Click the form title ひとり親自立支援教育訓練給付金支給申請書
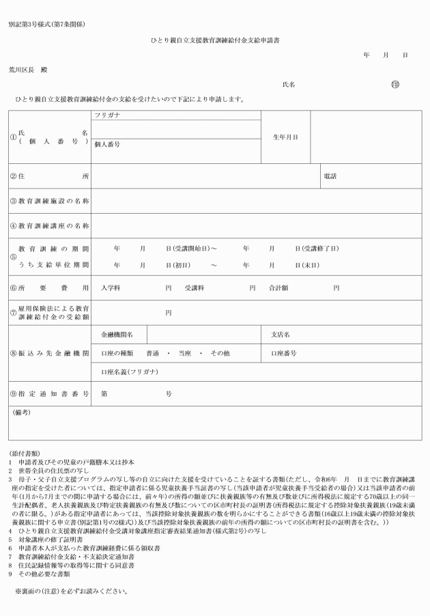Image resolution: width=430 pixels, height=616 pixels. pos(215,42)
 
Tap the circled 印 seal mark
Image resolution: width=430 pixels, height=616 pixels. pos(395,85)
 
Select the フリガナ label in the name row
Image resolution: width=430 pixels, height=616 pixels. pos(107,115)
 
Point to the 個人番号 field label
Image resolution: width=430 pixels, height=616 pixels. pos(107,145)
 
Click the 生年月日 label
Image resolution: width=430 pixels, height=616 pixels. pos(285,137)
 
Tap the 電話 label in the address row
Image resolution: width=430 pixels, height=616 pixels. pos(330,176)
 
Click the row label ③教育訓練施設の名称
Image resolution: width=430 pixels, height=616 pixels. pos(49,201)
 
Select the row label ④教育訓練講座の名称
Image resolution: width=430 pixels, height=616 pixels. pos(49,225)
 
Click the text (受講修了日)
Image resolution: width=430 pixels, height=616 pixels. pos(320,248)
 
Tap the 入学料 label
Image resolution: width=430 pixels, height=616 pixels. pos(111,288)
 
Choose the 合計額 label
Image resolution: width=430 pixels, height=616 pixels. pos(278,288)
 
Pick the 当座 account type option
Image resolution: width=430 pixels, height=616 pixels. pos(184,353)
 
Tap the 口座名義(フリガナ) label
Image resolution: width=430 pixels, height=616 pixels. pos(129,372)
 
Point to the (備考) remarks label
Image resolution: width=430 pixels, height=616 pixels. pos(21,412)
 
